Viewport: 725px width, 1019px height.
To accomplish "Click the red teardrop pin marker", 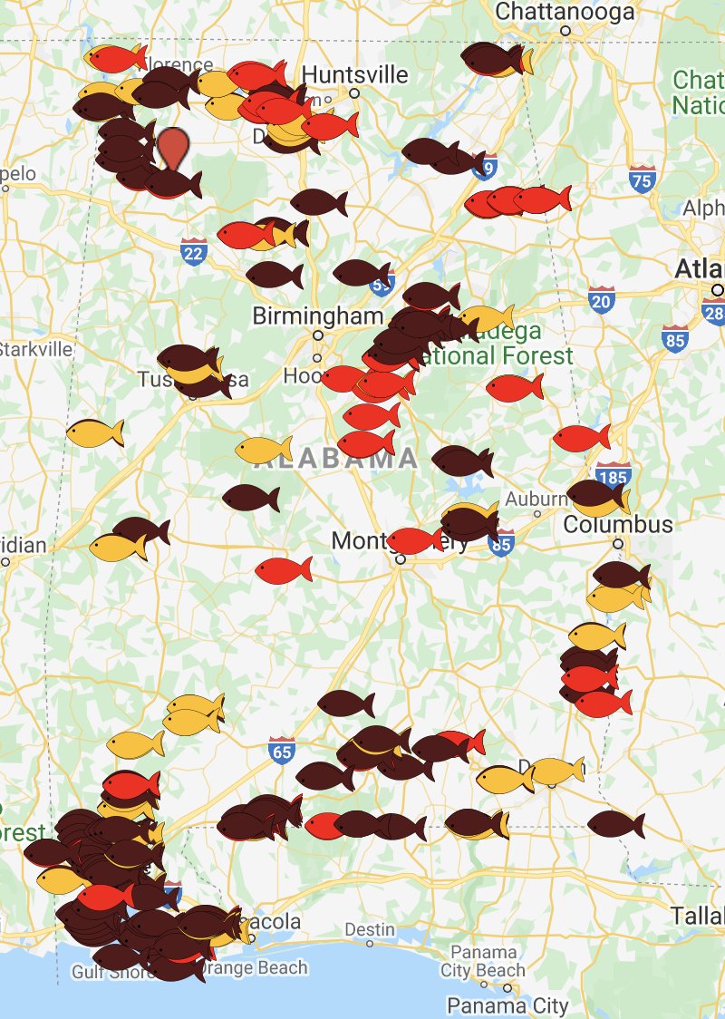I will pos(173,148).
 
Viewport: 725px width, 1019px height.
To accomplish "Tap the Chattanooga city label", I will pos(565,12).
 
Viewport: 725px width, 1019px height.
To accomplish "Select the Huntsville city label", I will pos(354,73).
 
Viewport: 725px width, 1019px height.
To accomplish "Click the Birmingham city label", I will pos(317,315).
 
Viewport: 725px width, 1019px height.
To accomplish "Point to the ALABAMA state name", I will pos(335,459).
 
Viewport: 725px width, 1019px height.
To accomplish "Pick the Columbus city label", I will pos(618,524).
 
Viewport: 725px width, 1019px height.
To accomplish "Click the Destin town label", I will pos(370,929).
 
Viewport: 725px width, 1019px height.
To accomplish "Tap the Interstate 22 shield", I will pos(193,251).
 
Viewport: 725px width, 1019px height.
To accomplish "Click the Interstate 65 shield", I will pos(282,751).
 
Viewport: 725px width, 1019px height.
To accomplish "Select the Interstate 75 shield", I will pos(643,179).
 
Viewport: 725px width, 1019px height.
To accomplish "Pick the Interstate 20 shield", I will pos(601,300).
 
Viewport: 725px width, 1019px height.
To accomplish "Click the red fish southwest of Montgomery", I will pos(283,570).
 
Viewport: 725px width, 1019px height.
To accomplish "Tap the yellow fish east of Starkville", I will pos(94,432).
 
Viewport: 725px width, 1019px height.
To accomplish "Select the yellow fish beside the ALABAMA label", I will pos(263,448).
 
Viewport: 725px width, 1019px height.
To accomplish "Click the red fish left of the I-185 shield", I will pos(581,437).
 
